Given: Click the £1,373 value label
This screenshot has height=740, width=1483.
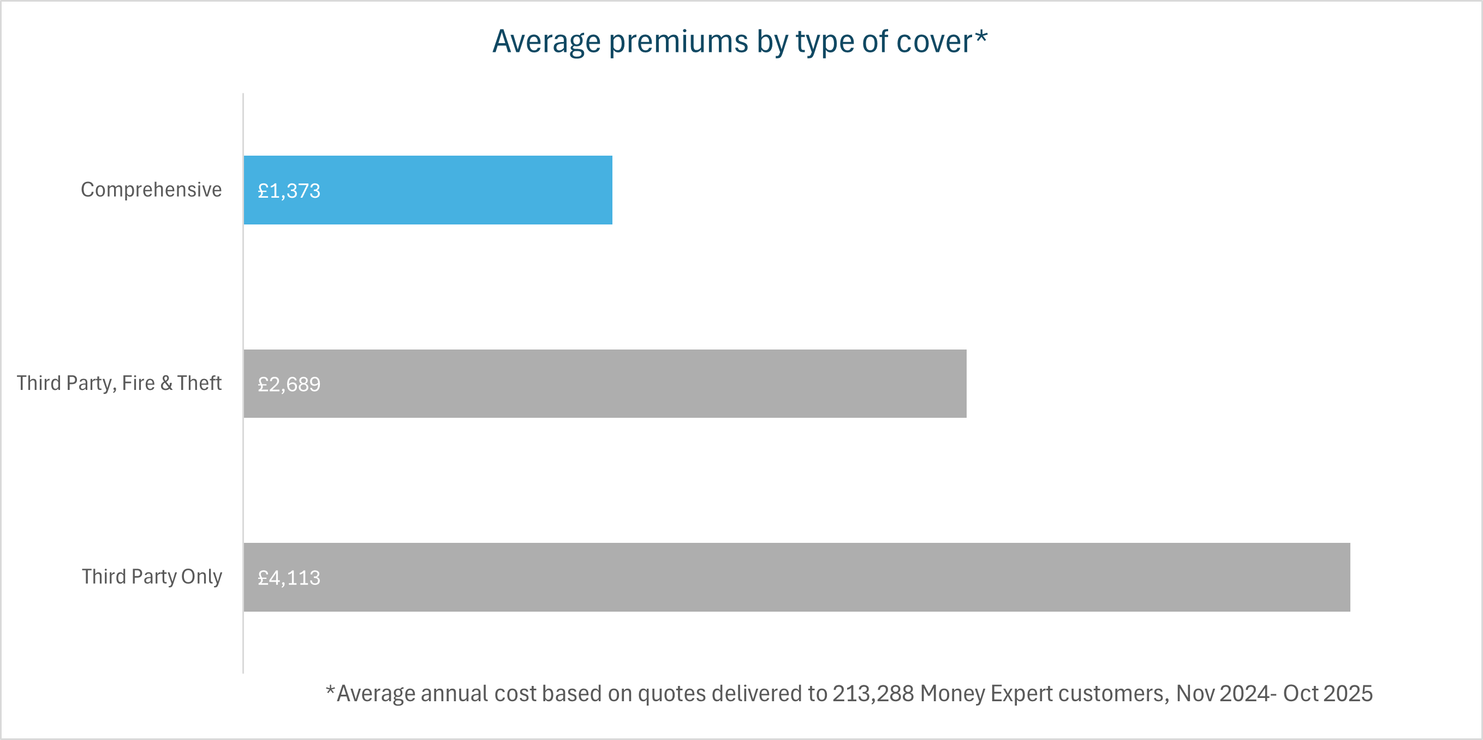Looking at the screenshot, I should click(x=289, y=191).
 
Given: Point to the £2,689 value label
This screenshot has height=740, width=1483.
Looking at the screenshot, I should click(x=289, y=384).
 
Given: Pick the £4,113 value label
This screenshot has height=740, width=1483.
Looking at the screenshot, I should click(x=289, y=578).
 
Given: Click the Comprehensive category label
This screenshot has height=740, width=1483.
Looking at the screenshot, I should click(x=151, y=190).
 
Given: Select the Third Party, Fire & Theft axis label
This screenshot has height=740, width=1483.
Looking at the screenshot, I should click(x=119, y=383).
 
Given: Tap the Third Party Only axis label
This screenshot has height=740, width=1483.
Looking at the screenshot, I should click(x=151, y=577).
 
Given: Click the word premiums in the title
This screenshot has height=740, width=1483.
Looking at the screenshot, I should click(x=678, y=42).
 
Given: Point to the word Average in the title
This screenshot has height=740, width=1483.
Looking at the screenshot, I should click(x=547, y=42).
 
